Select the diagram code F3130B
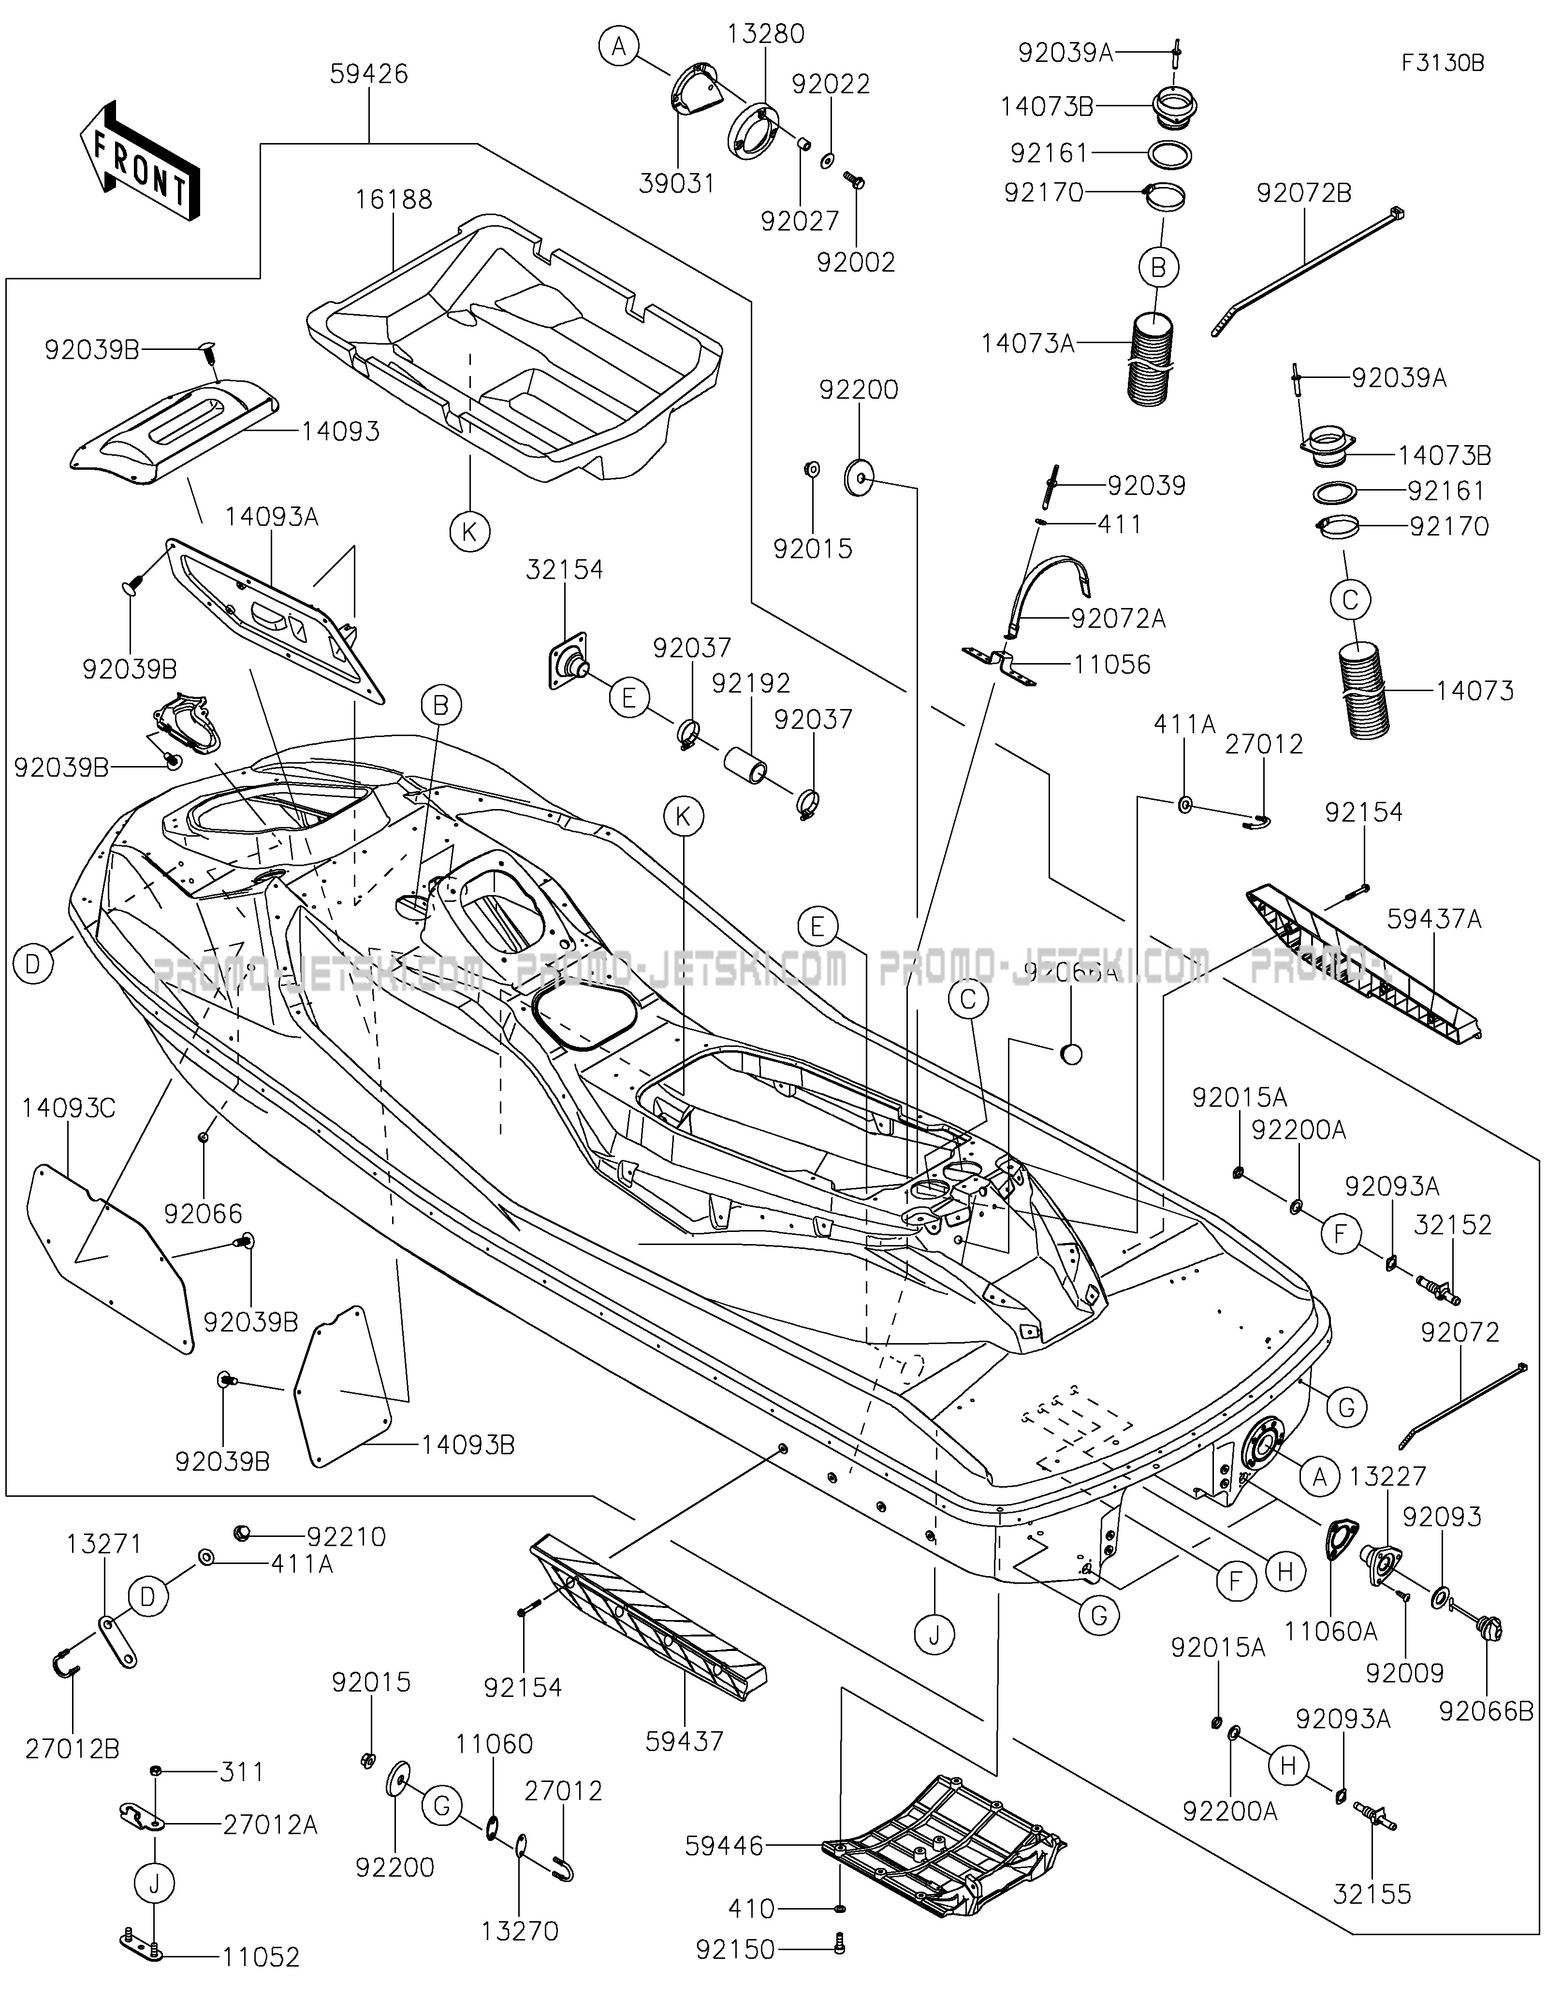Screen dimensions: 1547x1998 point(1443,63)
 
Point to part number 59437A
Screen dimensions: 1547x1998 point(1433,918)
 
